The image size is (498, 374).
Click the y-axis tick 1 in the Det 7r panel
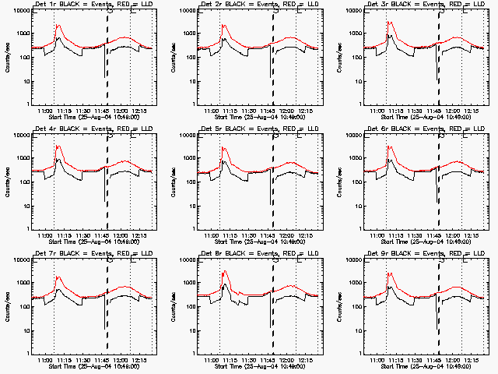[25, 352]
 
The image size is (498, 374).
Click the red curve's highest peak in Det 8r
[224, 271]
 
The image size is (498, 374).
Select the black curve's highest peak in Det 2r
[224, 37]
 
